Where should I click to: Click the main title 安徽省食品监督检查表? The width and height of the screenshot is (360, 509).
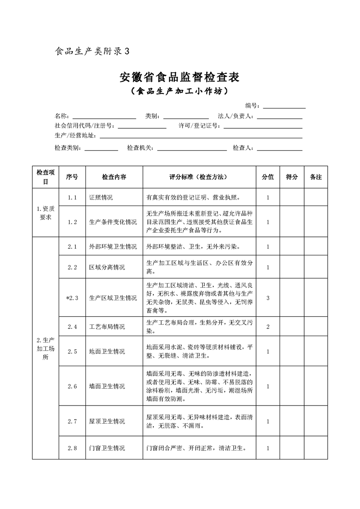point(179,77)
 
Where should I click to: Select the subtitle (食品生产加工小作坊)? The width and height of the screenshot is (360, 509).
point(179,92)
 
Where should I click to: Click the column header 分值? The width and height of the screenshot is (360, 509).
point(268,177)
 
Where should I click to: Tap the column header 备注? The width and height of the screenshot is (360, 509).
point(316,177)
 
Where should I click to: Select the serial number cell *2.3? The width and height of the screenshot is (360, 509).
point(72,298)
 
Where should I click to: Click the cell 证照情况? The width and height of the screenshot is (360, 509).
point(101,198)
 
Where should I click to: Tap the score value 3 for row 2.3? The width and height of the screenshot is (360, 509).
point(268,298)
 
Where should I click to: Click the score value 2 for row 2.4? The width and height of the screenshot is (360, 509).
point(268,327)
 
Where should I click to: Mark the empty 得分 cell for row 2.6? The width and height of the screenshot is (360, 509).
point(292,387)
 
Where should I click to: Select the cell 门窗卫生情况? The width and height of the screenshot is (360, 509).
point(107,448)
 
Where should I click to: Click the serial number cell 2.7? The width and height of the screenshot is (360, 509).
point(72,421)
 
